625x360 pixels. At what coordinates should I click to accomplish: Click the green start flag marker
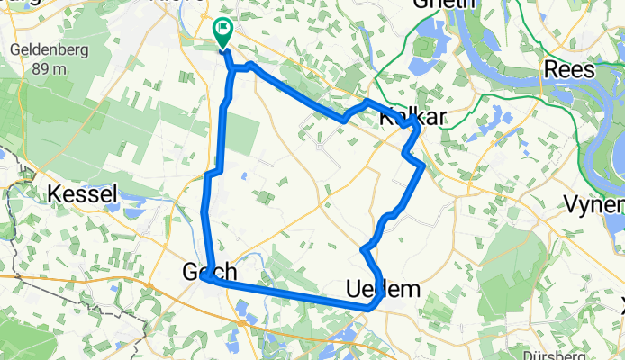(x=222, y=32)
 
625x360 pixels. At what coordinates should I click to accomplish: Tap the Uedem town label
(x=383, y=289)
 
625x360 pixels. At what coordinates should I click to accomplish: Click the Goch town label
(x=210, y=272)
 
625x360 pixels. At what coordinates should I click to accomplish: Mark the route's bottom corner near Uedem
(x=368, y=308)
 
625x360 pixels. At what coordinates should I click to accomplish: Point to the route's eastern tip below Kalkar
(x=422, y=165)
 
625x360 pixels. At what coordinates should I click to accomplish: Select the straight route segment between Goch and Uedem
(x=288, y=293)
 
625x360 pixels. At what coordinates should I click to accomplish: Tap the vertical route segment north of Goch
(x=225, y=126)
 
